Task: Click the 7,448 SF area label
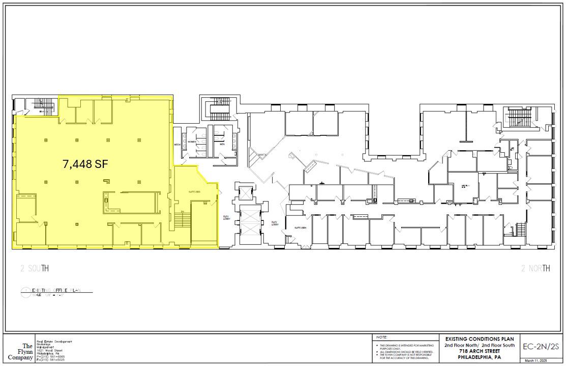click(85, 164)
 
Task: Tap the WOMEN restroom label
click(192, 142)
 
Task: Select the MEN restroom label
click(222, 144)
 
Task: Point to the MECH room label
click(177, 145)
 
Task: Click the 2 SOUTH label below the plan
click(35, 268)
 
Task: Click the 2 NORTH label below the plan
click(535, 268)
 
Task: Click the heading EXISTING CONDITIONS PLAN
click(479, 339)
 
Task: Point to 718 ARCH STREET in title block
click(479, 351)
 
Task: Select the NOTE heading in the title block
click(382, 337)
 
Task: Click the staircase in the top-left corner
click(34, 104)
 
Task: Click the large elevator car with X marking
click(247, 224)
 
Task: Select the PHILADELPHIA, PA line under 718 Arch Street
click(479, 356)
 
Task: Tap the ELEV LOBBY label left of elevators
click(226, 217)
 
